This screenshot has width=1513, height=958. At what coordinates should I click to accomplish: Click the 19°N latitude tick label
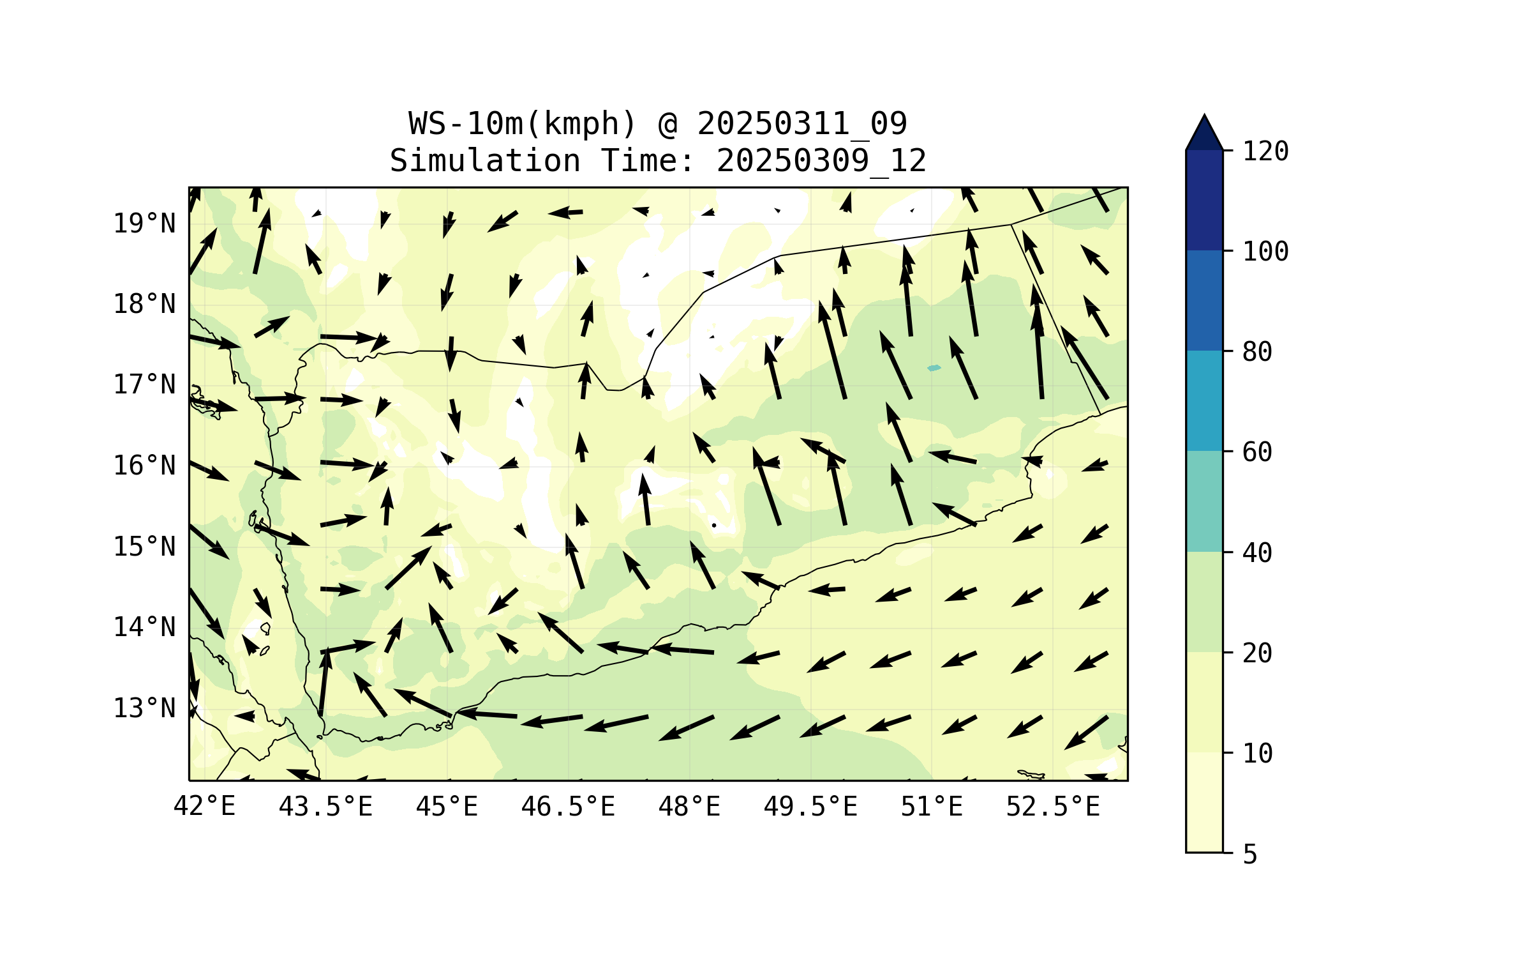point(144,224)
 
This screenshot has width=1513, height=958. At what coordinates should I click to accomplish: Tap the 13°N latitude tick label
point(144,708)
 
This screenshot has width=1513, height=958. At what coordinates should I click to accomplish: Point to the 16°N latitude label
point(144,466)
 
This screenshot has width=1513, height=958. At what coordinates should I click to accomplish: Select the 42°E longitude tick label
point(204,807)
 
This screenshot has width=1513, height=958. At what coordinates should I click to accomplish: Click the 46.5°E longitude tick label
point(568,807)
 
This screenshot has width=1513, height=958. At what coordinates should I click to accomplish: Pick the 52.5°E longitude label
point(1053,807)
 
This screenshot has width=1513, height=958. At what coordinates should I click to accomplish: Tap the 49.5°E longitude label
point(810,807)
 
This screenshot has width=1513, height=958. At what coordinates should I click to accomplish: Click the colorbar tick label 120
point(1265,151)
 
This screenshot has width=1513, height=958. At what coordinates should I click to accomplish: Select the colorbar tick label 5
point(1250,855)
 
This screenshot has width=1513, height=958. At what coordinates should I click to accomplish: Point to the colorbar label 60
point(1257,452)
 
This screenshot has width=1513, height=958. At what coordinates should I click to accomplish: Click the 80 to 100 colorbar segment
point(1204,300)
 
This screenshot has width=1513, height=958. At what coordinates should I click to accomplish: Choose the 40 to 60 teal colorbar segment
point(1204,501)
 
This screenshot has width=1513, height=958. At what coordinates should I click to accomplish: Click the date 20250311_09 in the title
point(801,124)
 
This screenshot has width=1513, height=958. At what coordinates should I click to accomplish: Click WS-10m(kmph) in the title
point(523,124)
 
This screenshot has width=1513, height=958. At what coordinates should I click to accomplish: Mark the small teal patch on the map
point(934,368)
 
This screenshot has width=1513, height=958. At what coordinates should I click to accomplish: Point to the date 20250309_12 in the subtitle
point(821,161)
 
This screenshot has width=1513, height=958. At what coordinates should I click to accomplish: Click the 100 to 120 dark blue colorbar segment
point(1204,200)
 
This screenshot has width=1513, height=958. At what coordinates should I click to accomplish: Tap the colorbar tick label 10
point(1257,754)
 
